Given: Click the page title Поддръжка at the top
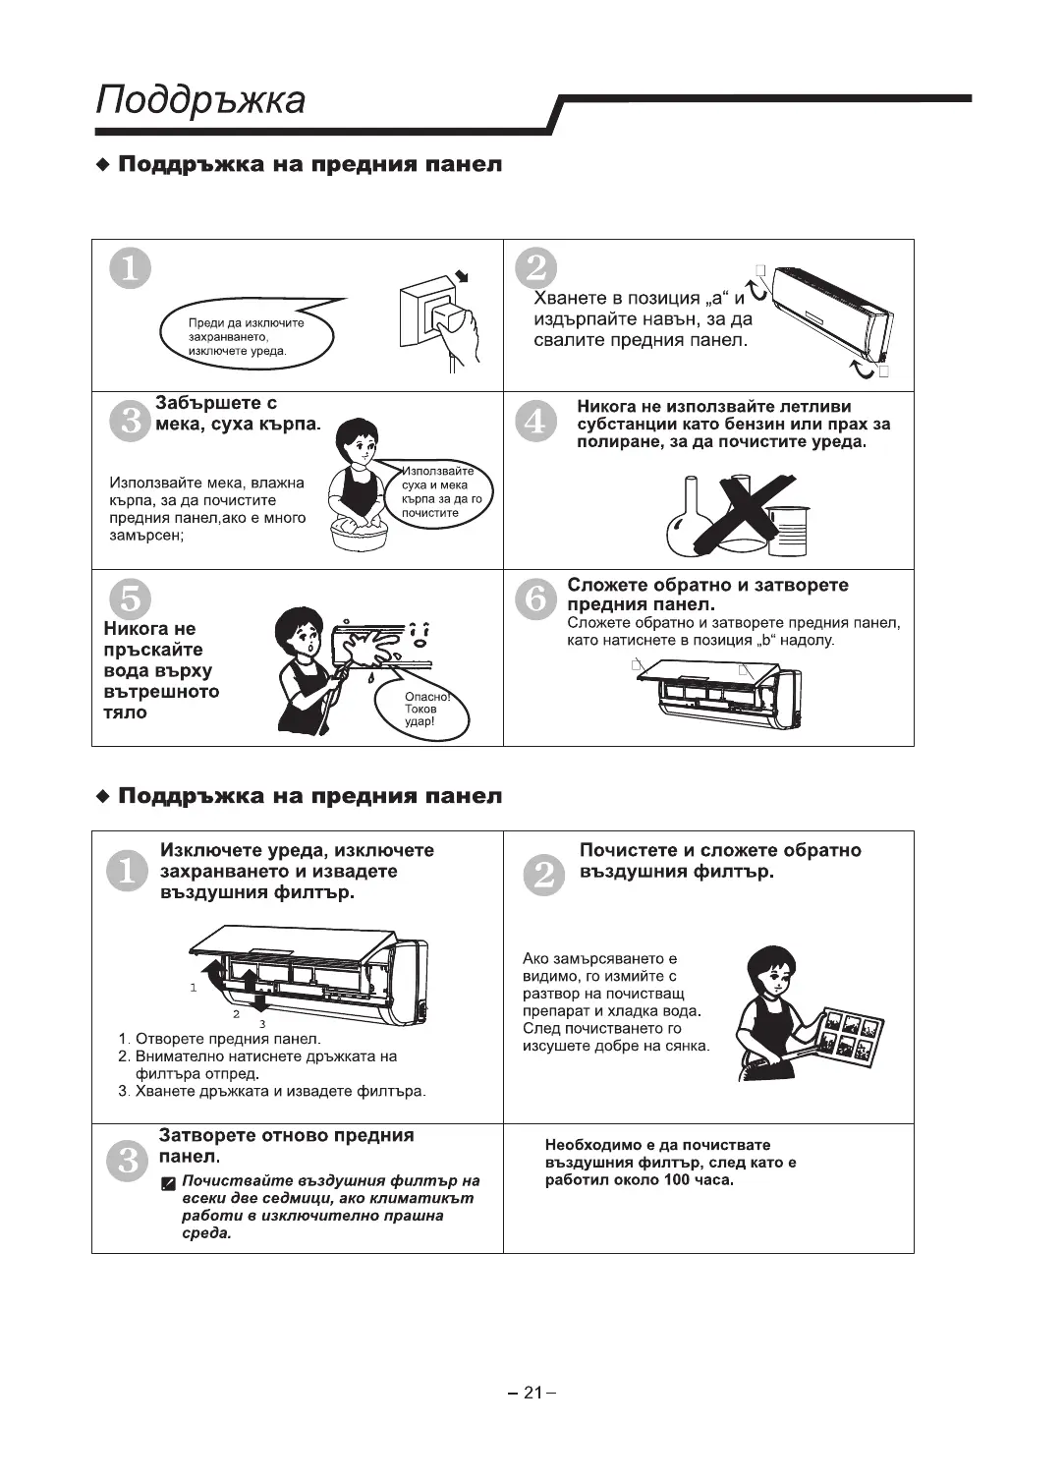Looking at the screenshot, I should pyautogui.click(x=201, y=101).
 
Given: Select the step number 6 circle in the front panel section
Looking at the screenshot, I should pyautogui.click(x=536, y=598).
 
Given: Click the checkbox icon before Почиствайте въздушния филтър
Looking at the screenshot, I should pyautogui.click(x=169, y=1182).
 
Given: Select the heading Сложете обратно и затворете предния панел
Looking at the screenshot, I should pyautogui.click(x=707, y=595).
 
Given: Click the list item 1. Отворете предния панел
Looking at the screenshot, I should pyautogui.click(x=219, y=1039).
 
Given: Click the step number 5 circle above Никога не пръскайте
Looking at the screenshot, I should pyautogui.click(x=130, y=598).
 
